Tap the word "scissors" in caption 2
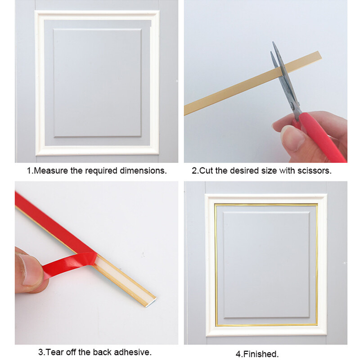click(x=315, y=171)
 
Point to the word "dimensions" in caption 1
click(x=145, y=171)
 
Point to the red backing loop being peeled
click(x=72, y=265)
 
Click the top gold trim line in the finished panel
click(x=265, y=204)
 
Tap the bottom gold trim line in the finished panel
click(x=265, y=324)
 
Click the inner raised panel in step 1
click(x=97, y=83)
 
